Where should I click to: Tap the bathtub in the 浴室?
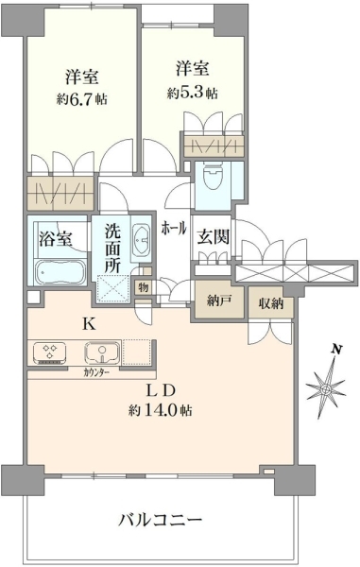(60, 271)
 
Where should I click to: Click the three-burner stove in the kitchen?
(49, 352)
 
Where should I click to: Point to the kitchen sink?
(103, 352)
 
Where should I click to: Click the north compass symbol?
(326, 388)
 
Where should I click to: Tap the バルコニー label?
(160, 521)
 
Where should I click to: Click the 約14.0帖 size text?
(160, 410)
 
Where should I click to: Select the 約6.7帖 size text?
(81, 98)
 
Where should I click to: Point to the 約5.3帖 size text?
(193, 94)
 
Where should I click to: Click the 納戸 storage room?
(220, 300)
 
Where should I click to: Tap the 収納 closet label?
(271, 303)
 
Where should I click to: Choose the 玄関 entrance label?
(214, 237)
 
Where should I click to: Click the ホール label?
(174, 229)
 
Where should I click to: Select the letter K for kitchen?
(89, 324)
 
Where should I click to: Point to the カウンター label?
(96, 373)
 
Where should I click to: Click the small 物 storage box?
(144, 288)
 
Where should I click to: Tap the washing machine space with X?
(113, 288)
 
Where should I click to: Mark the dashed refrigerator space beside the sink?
(137, 352)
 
